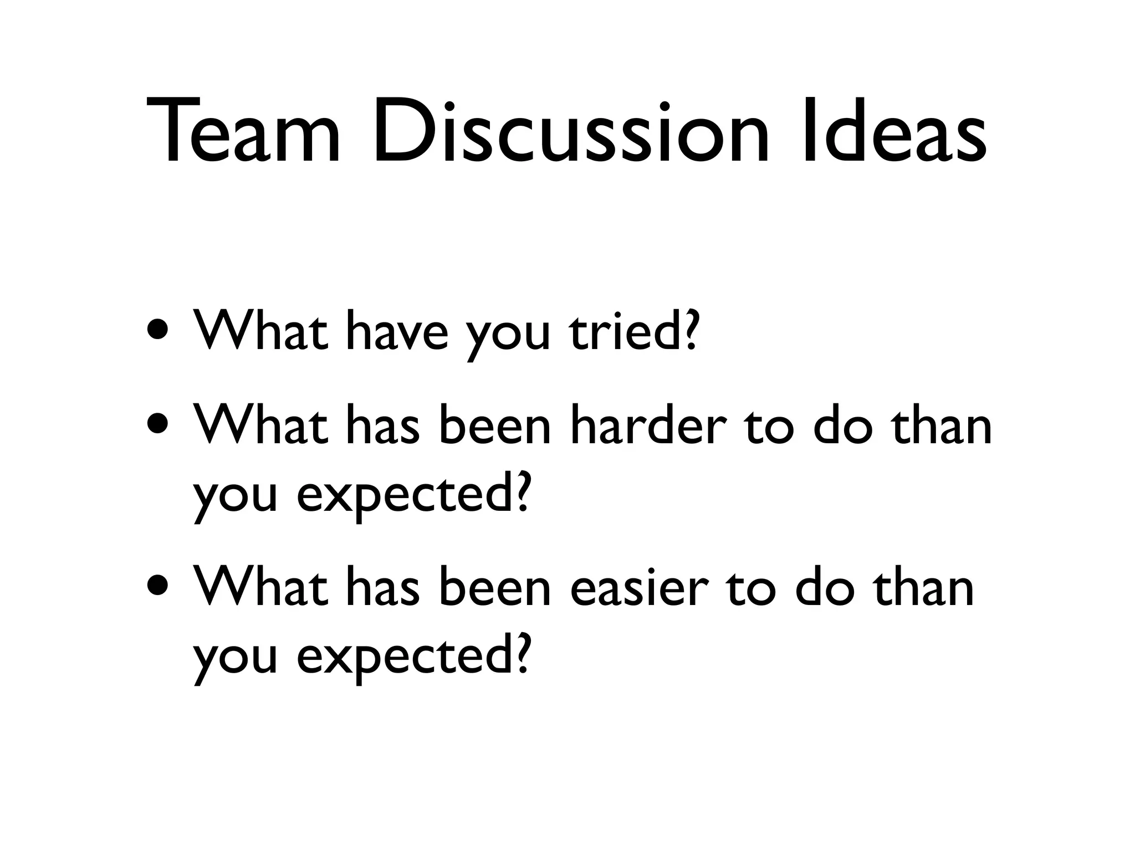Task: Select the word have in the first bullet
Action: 396,330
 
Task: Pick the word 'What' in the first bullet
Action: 260,330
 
